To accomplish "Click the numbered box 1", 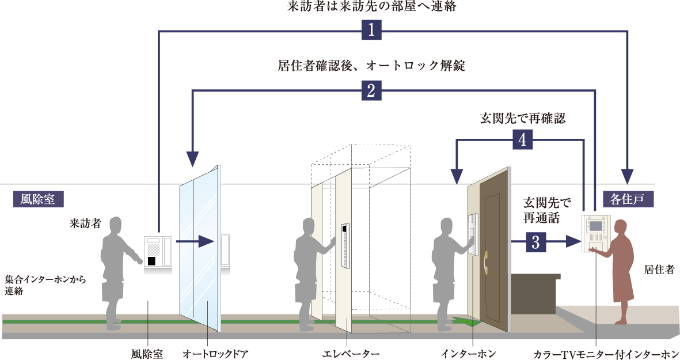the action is click(x=371, y=31).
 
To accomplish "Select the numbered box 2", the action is click(x=371, y=90).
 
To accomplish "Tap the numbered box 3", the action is click(x=536, y=242).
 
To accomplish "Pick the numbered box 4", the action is click(x=522, y=139).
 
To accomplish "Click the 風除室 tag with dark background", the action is click(x=38, y=199).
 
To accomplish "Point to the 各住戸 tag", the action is click(x=628, y=199).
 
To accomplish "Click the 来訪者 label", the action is click(x=85, y=223).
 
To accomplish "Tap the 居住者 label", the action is click(x=659, y=270).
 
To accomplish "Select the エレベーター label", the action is click(x=351, y=354).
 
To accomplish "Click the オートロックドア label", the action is click(x=215, y=354).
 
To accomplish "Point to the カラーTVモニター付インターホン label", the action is click(x=606, y=354).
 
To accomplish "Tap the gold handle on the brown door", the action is click(x=486, y=263).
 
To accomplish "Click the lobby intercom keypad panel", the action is click(x=158, y=252).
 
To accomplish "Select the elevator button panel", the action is click(x=345, y=245).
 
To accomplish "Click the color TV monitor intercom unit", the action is click(x=595, y=233).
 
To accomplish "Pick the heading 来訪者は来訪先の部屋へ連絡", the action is click(x=371, y=6).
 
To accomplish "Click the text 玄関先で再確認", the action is click(x=523, y=119).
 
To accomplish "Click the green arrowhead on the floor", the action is click(x=468, y=321).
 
